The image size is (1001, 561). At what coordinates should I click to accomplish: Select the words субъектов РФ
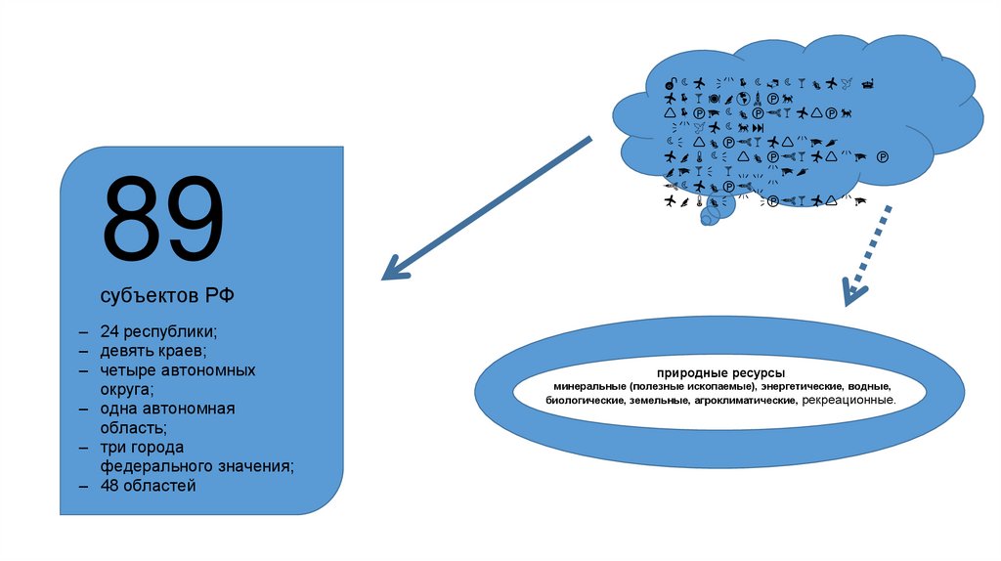pyautogui.click(x=166, y=295)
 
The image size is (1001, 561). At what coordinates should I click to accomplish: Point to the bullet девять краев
pyautogui.click(x=152, y=350)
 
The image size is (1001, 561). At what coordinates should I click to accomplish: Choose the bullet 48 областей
pyautogui.click(x=148, y=485)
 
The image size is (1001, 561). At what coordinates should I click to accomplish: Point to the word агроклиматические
pyautogui.click(x=746, y=401)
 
